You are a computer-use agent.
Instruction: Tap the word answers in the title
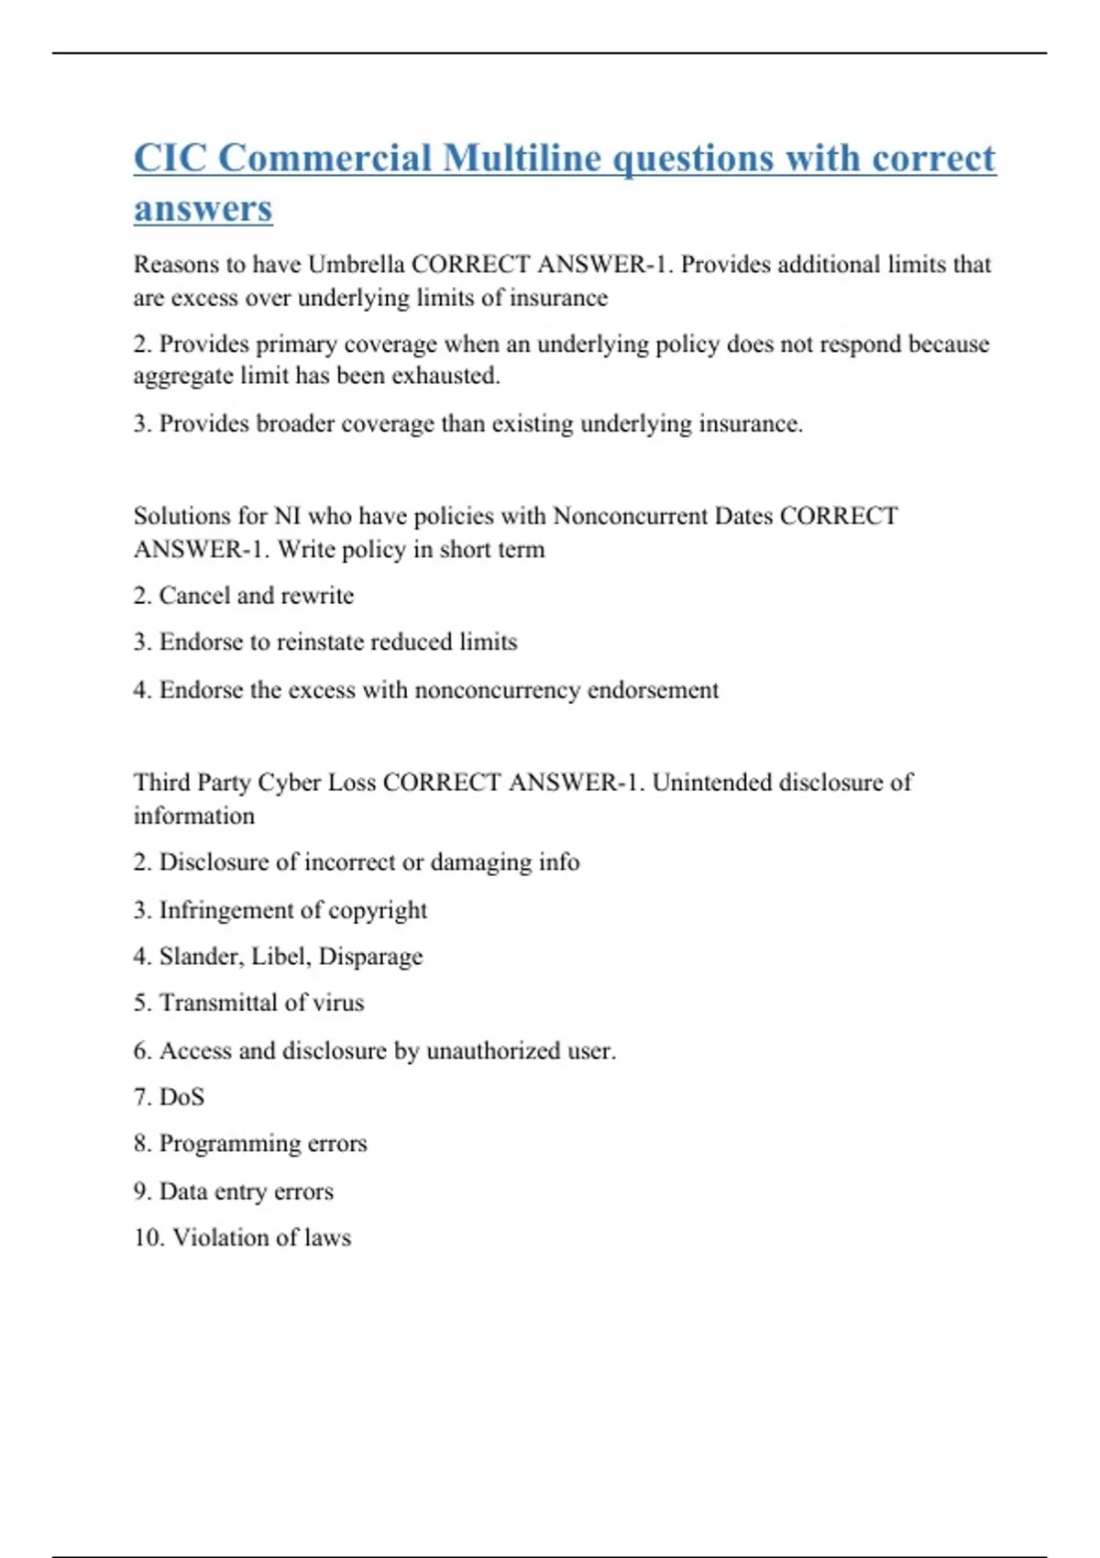pyautogui.click(x=203, y=208)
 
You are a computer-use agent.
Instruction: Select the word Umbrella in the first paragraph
pyautogui.click(x=356, y=265)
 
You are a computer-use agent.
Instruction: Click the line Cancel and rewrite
pyautogui.click(x=243, y=596)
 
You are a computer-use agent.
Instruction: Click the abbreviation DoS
pyautogui.click(x=181, y=1097)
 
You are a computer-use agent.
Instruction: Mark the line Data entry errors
pyautogui.click(x=233, y=1191)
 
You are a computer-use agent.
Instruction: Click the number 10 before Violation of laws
pyautogui.click(x=147, y=1238)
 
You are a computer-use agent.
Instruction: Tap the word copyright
pyautogui.click(x=378, y=910)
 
